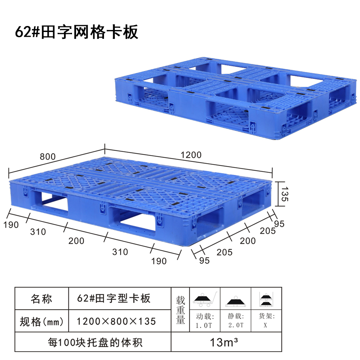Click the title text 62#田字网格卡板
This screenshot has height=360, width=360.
pos(77,32)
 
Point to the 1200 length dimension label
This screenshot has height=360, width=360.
pos(191,155)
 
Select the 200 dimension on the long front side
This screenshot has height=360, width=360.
pos(76,241)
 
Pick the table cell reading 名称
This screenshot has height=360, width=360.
pos(42,298)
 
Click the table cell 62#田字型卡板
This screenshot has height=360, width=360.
pos(114,298)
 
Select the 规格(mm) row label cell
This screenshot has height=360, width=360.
pos(42,321)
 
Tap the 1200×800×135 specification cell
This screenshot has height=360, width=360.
pos(116,321)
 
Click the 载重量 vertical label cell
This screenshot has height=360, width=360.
pos(180,310)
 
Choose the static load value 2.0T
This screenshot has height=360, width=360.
pos(236,326)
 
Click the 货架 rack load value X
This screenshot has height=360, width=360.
pos(266,326)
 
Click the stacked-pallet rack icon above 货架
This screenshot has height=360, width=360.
pos(266,299)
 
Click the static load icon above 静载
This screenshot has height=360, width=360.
pos(236,301)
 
